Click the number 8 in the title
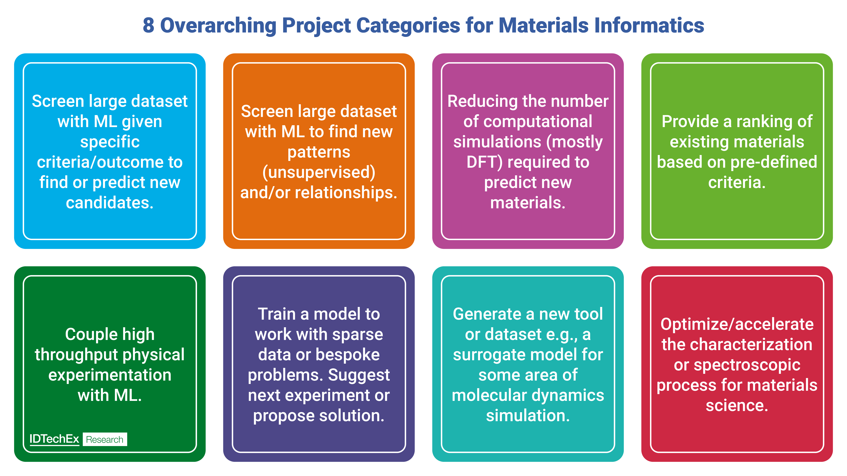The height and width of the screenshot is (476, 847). point(148,26)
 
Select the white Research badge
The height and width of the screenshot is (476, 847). point(105,440)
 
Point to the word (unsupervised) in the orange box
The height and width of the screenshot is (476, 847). point(319,172)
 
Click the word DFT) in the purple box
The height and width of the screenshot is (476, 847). point(484,162)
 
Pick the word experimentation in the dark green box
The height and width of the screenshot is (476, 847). point(110,375)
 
